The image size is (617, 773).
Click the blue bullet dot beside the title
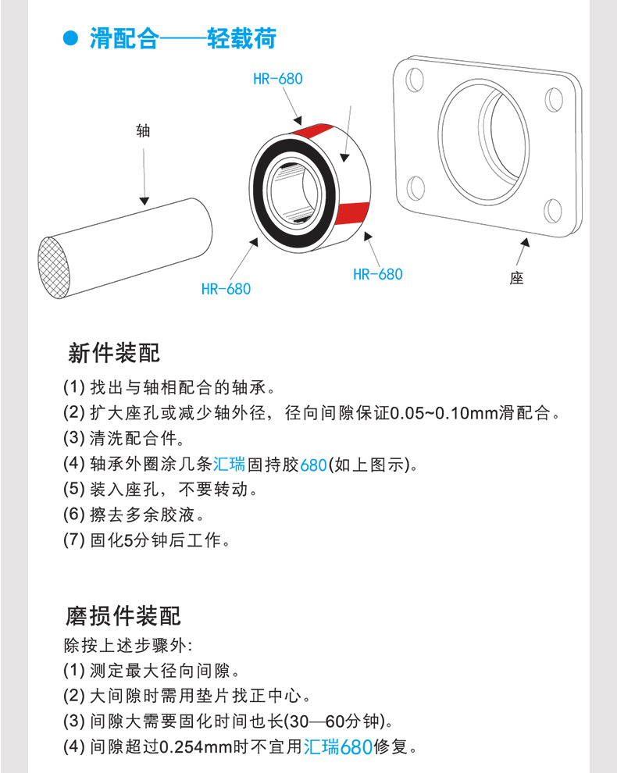(x=70, y=38)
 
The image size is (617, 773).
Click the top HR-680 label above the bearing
(x=278, y=79)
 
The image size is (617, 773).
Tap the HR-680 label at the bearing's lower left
(x=226, y=289)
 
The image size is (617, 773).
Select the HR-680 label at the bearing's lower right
(x=378, y=274)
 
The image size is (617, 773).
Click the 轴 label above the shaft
(x=143, y=130)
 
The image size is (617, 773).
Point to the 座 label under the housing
(x=516, y=278)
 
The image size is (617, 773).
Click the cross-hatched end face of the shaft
(x=55, y=268)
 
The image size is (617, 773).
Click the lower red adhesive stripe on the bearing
(x=352, y=213)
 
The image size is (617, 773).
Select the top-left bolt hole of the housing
(x=414, y=80)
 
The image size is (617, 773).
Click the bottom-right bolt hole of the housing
(x=553, y=211)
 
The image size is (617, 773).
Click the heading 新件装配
(x=114, y=353)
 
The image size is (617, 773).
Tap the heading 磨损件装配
(x=123, y=616)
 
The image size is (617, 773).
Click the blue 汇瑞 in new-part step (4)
(x=229, y=464)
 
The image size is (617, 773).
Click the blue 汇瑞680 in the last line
(x=338, y=747)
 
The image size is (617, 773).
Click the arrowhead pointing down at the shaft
(x=144, y=201)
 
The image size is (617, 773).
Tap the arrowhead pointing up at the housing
(x=526, y=243)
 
